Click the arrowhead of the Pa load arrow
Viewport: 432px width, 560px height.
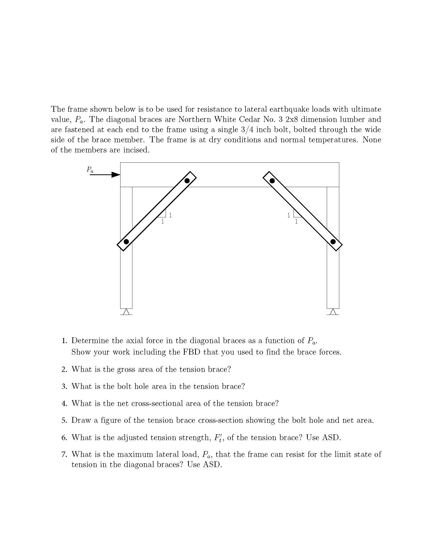[116, 175]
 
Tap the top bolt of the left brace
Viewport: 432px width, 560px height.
[187, 180]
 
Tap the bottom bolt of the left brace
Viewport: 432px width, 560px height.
[126, 242]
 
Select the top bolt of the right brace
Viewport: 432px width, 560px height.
[272, 180]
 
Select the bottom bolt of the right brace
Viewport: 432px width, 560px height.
[333, 242]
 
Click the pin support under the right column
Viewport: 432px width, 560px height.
[333, 312]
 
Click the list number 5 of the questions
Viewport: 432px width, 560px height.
[64, 421]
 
